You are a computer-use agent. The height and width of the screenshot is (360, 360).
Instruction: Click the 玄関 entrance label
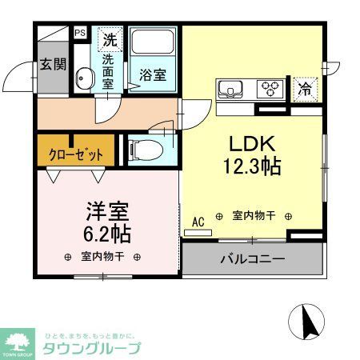click(x=54, y=65)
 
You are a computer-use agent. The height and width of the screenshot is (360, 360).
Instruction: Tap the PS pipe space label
click(x=80, y=33)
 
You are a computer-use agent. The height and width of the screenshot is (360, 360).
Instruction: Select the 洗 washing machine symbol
click(x=110, y=38)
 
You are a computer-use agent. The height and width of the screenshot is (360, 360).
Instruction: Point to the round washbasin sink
click(x=83, y=78)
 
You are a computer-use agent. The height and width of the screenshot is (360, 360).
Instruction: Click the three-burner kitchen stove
click(x=270, y=88)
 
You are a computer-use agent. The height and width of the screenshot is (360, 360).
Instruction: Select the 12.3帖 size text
click(x=253, y=169)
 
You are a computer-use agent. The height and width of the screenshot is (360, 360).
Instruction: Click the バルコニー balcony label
click(x=252, y=259)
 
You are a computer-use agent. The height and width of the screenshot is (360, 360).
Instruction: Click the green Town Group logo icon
click(x=17, y=341)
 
